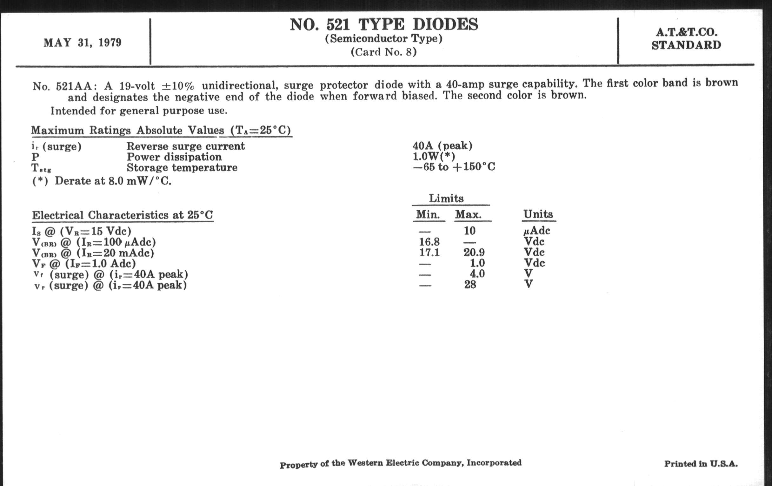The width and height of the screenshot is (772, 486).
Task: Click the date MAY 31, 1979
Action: click(x=83, y=43)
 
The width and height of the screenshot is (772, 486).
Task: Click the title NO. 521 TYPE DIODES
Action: click(x=384, y=24)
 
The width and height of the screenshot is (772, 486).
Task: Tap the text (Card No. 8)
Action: click(x=383, y=52)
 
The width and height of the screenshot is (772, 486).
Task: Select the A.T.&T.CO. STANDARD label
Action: click(x=686, y=38)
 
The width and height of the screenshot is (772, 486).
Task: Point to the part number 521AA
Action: click(x=74, y=86)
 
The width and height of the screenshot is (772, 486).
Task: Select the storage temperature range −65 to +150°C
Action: click(x=454, y=167)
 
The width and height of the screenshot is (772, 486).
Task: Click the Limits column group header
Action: click(x=446, y=198)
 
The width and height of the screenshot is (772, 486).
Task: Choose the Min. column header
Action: click(x=428, y=214)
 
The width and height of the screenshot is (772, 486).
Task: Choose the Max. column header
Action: click(x=469, y=214)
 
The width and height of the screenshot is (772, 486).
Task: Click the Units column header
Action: click(x=538, y=214)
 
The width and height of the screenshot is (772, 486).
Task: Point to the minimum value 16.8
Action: click(x=429, y=241)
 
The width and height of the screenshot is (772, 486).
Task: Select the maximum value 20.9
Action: click(x=474, y=253)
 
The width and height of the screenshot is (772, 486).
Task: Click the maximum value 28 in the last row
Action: click(x=470, y=285)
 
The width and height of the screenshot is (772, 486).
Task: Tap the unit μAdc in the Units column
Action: click(x=537, y=231)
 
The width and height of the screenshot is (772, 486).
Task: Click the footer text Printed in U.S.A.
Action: click(x=701, y=463)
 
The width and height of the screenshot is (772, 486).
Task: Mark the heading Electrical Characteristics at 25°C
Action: click(x=123, y=215)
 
